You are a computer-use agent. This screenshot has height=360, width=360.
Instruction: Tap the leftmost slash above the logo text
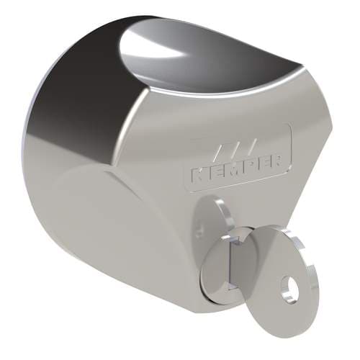(219, 153)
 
